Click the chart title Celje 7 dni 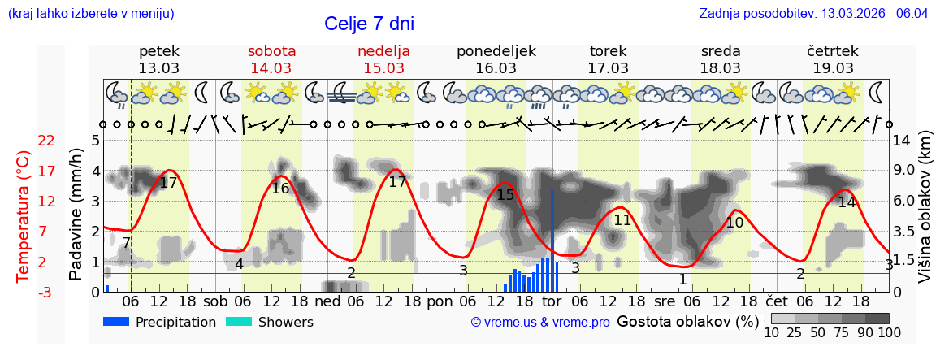pyautogui.click(x=375, y=24)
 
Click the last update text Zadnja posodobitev pyautogui.click(x=813, y=14)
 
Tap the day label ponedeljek pyautogui.click(x=496, y=51)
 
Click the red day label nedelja pyautogui.click(x=383, y=51)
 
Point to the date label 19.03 pyautogui.click(x=833, y=68)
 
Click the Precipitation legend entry pyautogui.click(x=160, y=322)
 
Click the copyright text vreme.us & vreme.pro pyautogui.click(x=540, y=323)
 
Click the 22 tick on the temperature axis pyautogui.click(x=46, y=141)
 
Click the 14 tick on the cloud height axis pyautogui.click(x=902, y=141)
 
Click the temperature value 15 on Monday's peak pyautogui.click(x=505, y=195)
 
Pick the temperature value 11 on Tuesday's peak pyautogui.click(x=622, y=220)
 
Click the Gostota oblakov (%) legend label pyautogui.click(x=687, y=322)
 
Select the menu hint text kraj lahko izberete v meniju pyautogui.click(x=90, y=14)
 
